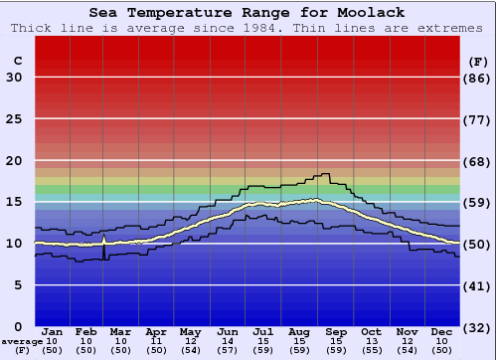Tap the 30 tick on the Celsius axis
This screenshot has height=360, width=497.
(14, 78)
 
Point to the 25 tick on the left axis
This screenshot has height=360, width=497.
(14, 119)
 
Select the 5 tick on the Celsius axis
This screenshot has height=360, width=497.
(18, 285)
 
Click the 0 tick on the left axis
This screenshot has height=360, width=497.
(18, 326)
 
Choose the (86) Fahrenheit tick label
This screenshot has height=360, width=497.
(478, 78)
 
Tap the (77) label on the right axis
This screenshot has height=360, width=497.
(478, 119)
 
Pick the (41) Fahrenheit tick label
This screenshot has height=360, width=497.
(478, 285)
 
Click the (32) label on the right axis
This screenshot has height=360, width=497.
(478, 327)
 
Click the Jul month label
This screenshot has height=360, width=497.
(263, 331)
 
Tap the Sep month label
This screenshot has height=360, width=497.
(335, 331)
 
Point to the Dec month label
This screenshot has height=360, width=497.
(441, 331)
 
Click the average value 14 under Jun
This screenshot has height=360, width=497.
(228, 341)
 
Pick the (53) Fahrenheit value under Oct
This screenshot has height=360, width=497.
(371, 350)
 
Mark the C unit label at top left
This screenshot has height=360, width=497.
(17, 61)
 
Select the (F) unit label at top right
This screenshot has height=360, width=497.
(478, 61)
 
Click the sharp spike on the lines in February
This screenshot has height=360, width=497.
(104, 239)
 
